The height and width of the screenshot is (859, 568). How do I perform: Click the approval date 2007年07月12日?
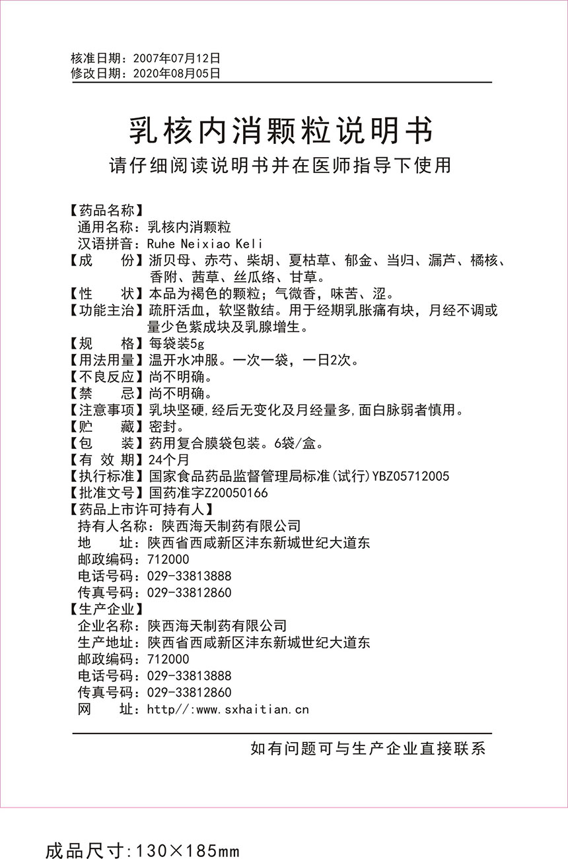click(176, 59)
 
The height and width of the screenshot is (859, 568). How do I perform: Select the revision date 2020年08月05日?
click(176, 74)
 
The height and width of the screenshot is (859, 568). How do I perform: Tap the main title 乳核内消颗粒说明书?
click(281, 130)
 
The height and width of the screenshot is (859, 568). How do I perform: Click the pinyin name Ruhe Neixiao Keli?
click(206, 244)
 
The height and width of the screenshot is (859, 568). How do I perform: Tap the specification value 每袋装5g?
click(177, 344)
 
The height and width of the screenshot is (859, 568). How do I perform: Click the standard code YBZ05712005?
click(411, 476)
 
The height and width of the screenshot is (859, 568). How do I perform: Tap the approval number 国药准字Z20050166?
click(209, 493)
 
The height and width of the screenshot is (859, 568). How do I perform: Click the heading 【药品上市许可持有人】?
click(141, 509)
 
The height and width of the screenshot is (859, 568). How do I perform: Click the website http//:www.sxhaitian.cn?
click(228, 710)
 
